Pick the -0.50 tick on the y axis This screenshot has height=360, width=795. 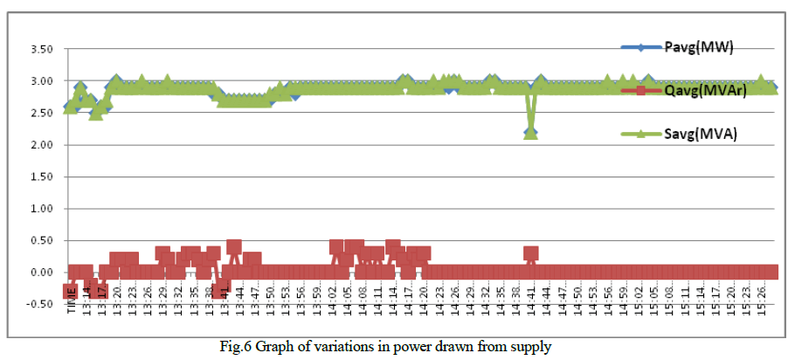click(42, 305)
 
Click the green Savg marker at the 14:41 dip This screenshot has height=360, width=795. click(530, 133)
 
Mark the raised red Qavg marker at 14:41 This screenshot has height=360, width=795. click(530, 253)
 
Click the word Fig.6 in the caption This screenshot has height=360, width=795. click(237, 347)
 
